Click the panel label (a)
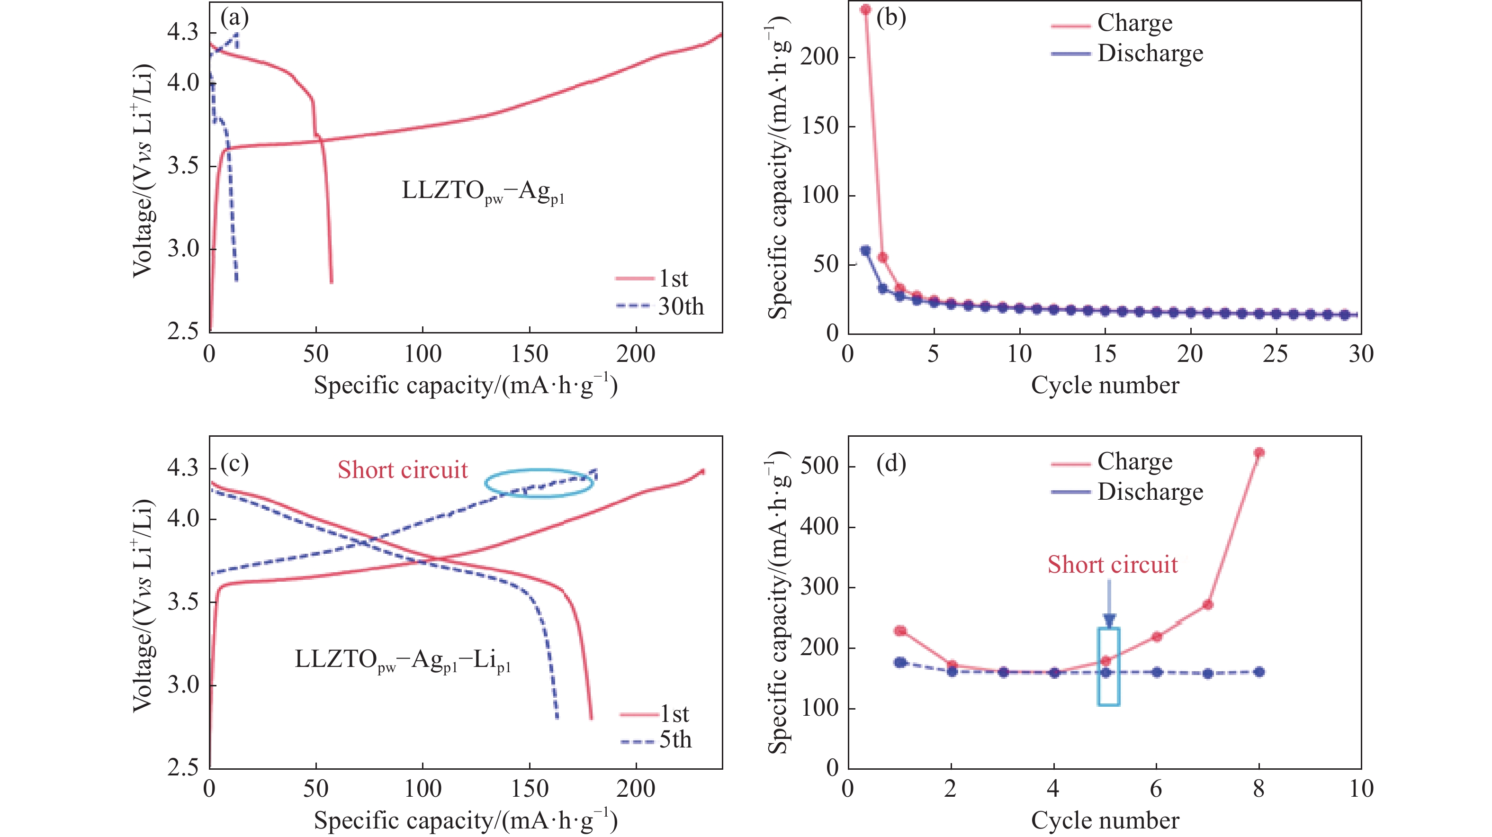(x=234, y=18)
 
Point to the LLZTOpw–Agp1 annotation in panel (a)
(x=483, y=192)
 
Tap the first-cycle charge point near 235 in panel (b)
(x=866, y=10)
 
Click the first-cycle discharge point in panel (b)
(x=866, y=251)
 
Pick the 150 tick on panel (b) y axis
(x=820, y=126)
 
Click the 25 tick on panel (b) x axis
(x=1276, y=354)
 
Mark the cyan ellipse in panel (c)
(x=539, y=484)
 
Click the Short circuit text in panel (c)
(x=403, y=470)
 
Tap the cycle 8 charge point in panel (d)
(x=1258, y=453)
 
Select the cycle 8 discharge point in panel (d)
(x=1258, y=672)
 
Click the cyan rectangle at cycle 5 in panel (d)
(x=1108, y=666)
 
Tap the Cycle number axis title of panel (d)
(x=1105, y=820)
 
